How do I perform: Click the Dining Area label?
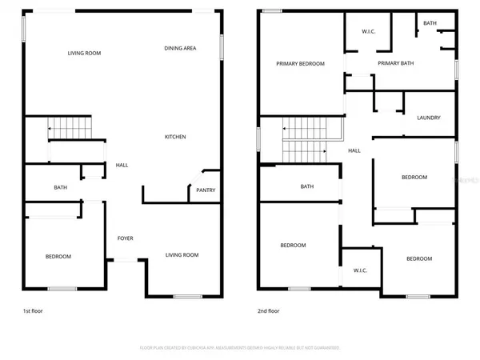click(x=180, y=49)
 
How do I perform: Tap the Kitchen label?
click(x=175, y=137)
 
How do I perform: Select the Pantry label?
click(x=206, y=190)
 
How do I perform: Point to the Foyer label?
click(x=126, y=238)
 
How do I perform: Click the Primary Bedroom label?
click(x=300, y=63)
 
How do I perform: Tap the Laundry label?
click(x=428, y=118)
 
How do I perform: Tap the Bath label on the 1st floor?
click(x=60, y=188)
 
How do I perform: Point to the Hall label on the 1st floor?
click(x=122, y=166)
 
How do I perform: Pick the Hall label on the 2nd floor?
click(x=354, y=150)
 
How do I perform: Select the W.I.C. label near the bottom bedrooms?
click(x=360, y=270)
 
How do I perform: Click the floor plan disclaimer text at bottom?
click(x=239, y=348)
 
